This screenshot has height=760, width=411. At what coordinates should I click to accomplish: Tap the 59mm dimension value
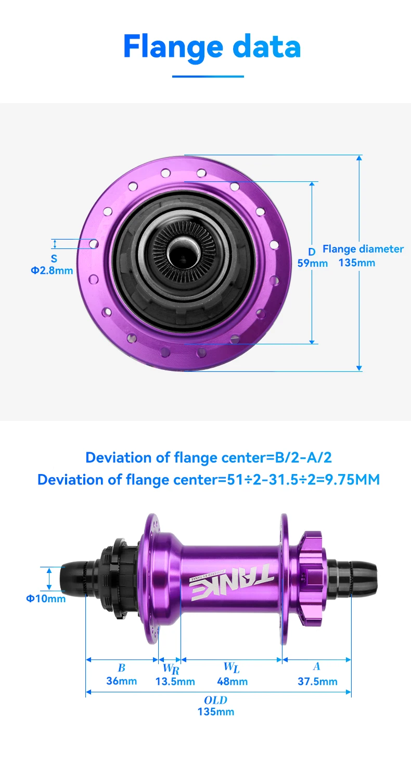pos(312,263)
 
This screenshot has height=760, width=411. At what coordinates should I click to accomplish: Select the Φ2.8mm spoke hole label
pos(52,271)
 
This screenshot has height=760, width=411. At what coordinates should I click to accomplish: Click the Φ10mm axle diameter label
pos(46,599)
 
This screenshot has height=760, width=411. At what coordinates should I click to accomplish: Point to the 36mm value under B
pos(122,681)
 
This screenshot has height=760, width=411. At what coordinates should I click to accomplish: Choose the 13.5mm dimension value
pos(175,681)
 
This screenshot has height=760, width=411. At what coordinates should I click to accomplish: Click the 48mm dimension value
pos(232,681)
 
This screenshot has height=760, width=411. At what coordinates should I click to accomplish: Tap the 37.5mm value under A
pos(317,681)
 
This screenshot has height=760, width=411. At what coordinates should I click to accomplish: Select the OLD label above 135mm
pos(215,700)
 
